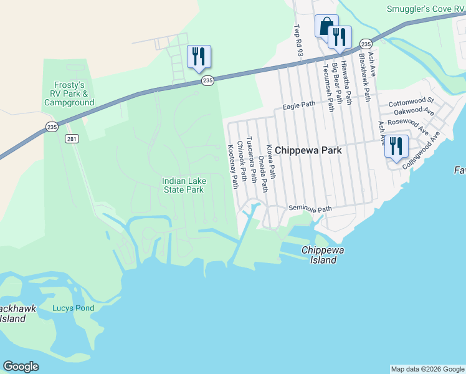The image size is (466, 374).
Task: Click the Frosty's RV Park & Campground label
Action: [x=69, y=93]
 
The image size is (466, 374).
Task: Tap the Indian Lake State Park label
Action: [x=183, y=185]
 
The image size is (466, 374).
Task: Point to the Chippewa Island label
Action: [x=323, y=254]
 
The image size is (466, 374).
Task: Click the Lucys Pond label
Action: [x=73, y=308]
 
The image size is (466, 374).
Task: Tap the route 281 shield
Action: [x=73, y=139]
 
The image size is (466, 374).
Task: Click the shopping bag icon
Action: [x=326, y=26]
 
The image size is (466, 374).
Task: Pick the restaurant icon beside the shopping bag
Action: [x=340, y=37]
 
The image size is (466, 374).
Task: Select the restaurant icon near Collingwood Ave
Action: [x=396, y=146]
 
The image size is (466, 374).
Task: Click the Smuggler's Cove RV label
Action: [x=426, y=9]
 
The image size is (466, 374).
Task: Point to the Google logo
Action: [x=21, y=367]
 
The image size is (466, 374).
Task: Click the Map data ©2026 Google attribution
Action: [x=427, y=369]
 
